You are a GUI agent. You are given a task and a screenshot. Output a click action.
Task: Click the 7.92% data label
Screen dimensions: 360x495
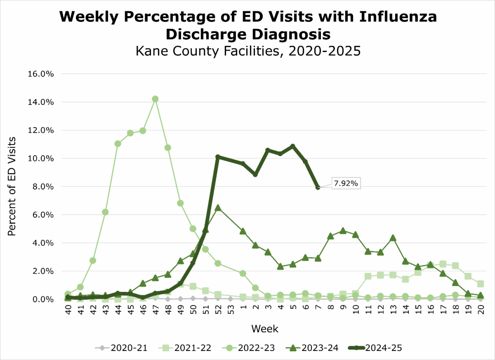pos(346,183)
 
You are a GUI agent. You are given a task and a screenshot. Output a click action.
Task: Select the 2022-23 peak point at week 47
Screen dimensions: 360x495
pos(155,99)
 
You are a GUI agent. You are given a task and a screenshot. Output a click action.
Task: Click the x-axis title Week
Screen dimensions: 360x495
pos(265,329)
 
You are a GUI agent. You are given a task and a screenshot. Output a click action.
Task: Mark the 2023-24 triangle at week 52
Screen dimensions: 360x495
pos(218,208)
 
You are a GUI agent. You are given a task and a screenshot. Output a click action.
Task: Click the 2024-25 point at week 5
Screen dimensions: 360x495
pos(292,146)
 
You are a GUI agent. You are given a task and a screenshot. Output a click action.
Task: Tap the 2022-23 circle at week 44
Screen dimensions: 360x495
pos(118,144)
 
